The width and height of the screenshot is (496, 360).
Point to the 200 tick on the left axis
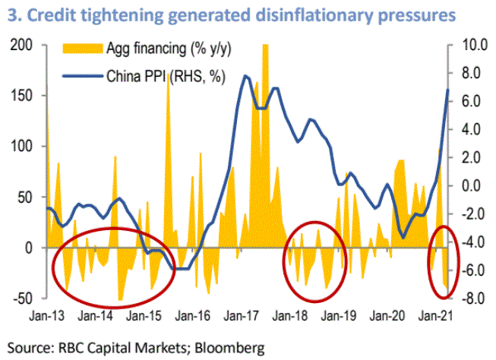click(x=24, y=45)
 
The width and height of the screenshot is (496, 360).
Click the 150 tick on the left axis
click(x=24, y=96)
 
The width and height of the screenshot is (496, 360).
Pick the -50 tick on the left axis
click(x=24, y=298)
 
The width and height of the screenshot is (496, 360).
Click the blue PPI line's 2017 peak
click(x=245, y=76)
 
